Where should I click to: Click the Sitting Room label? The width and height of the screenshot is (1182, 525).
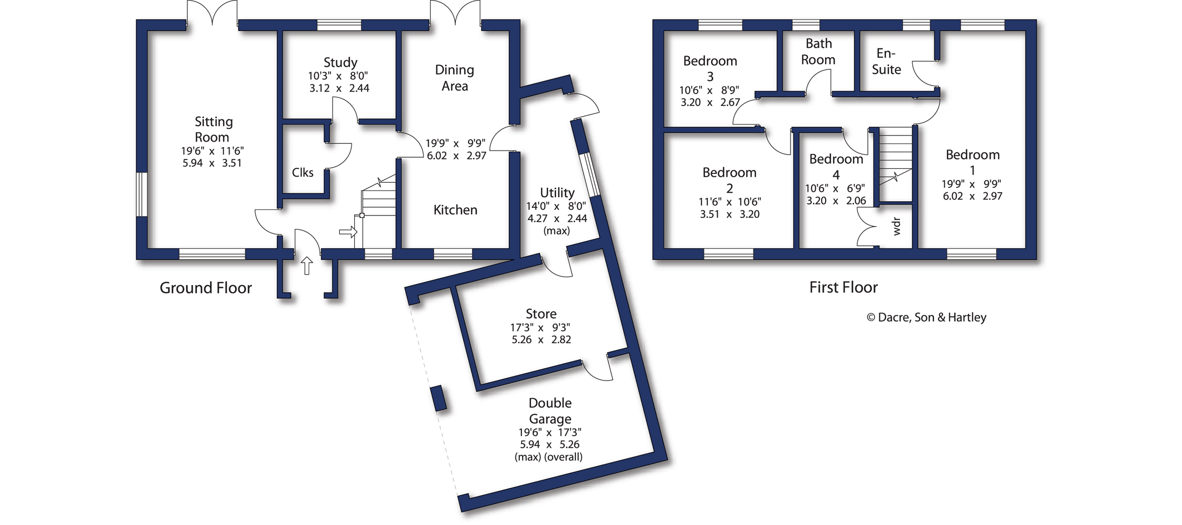[213, 129]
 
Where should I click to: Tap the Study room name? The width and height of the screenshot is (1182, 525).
[340, 62]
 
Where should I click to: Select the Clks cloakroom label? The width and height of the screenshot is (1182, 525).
[302, 172]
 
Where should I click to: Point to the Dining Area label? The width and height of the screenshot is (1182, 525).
[454, 78]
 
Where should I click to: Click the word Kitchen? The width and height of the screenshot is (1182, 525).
[455, 210]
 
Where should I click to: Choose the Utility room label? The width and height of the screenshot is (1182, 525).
[557, 192]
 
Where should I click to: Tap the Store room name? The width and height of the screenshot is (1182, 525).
[541, 314]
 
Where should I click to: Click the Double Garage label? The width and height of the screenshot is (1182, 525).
[550, 411]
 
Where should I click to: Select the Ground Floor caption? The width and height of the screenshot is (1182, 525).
[206, 288]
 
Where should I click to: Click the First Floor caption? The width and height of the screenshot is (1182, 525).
[843, 287]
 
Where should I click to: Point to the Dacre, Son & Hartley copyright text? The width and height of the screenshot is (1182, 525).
[927, 317]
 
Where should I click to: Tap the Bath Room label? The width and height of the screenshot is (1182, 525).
[818, 51]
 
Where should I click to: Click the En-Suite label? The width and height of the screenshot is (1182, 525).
[886, 61]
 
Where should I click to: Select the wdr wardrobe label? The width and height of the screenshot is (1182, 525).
[896, 226]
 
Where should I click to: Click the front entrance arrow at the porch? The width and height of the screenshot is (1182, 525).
[307, 266]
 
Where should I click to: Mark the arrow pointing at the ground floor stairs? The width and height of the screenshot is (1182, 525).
[348, 232]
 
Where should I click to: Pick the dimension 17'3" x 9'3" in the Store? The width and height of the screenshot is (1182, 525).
[540, 328]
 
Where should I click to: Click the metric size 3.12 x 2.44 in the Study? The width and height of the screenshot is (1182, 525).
[339, 88]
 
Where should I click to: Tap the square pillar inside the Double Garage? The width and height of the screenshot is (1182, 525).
[440, 398]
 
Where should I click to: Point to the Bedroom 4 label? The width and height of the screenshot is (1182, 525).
[836, 166]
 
